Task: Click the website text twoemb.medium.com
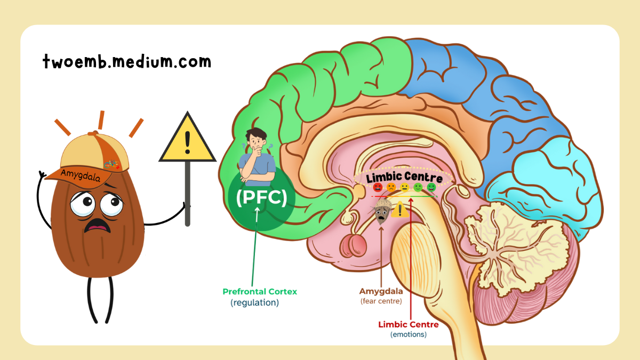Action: click(127, 62)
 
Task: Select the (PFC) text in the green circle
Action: click(261, 197)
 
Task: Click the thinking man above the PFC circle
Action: click(258, 156)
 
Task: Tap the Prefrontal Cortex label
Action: click(260, 292)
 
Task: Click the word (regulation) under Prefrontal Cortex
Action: click(254, 302)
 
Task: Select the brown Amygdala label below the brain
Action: click(381, 291)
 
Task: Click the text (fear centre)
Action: click(381, 301)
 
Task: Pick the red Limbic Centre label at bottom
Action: click(409, 324)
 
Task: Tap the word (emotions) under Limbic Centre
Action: click(409, 334)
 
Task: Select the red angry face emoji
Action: click(378, 187)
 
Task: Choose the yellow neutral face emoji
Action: click(405, 187)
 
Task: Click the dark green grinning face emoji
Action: click(431, 187)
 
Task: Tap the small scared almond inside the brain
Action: click(381, 211)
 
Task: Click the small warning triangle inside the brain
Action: click(399, 210)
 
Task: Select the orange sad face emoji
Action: click(391, 187)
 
